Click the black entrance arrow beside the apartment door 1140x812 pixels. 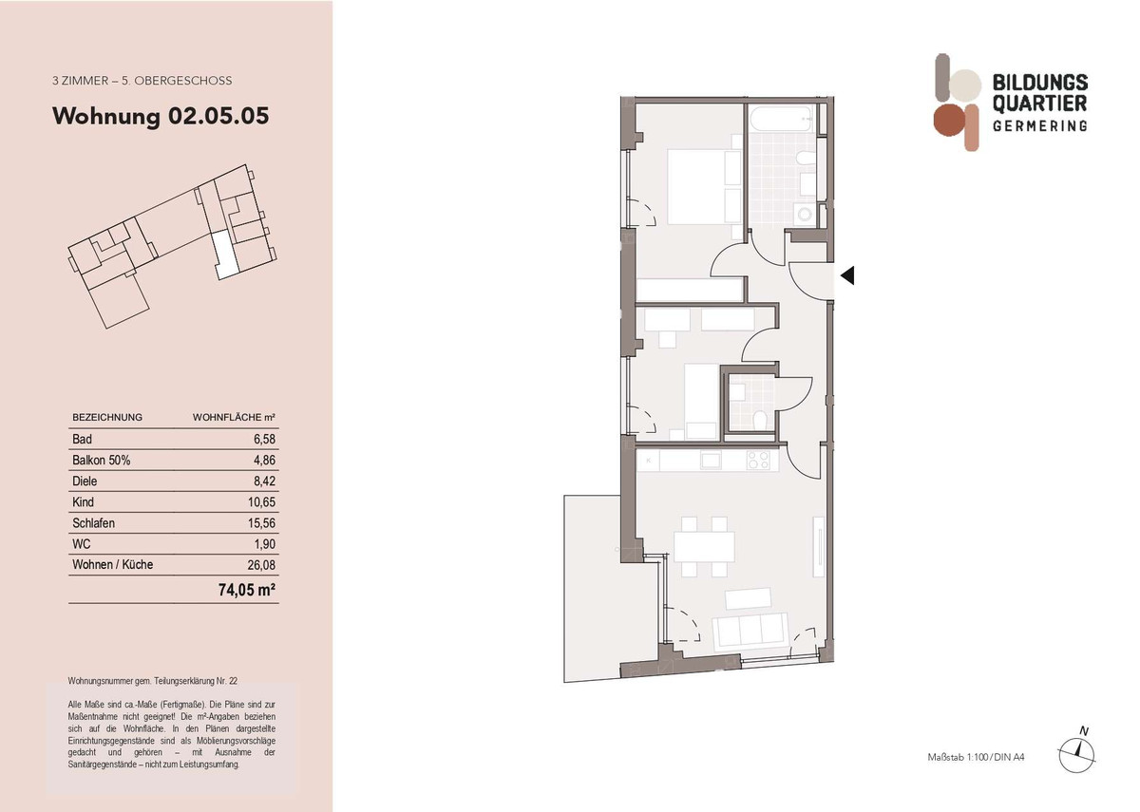coord(847,276)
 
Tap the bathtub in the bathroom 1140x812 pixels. coord(781,121)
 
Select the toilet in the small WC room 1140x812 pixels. coord(759,421)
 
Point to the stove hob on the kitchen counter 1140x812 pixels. coord(758,461)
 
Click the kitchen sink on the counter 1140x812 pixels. coord(711,461)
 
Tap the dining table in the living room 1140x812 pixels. coord(704,547)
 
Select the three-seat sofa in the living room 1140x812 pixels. coord(750,628)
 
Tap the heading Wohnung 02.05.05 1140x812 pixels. coord(161,117)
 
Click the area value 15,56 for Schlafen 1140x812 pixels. coord(260,523)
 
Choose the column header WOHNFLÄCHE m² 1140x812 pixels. coord(234,417)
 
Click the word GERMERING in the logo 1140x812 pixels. coord(1039,126)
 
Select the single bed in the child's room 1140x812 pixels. coord(700,399)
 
